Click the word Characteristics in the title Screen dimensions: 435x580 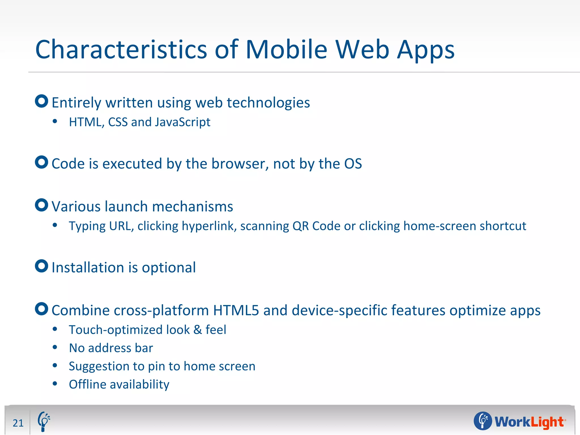[121, 50]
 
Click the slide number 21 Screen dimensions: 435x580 [18, 423]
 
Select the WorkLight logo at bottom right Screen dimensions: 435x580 [520, 421]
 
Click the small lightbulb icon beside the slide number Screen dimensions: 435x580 [44, 421]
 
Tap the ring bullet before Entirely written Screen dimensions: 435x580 [42, 101]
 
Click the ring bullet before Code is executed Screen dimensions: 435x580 [42, 162]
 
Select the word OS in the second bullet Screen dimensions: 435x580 [353, 164]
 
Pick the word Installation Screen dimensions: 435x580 [88, 268]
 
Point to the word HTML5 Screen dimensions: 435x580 [236, 310]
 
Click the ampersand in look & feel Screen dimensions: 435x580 [198, 330]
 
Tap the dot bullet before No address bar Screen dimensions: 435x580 [55, 347]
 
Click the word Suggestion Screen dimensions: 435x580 [101, 366]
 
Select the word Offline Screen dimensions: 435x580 [88, 385]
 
